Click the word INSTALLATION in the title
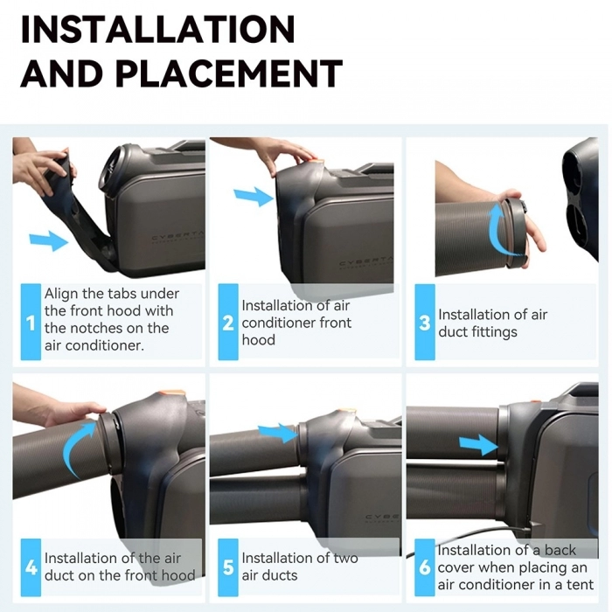point(157,29)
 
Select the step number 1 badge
point(31,322)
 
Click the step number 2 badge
point(228,322)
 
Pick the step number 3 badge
point(425,322)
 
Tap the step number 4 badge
point(31,567)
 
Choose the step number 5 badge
point(228,567)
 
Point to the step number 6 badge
point(425,567)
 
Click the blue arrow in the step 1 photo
point(49,240)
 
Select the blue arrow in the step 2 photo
point(254,197)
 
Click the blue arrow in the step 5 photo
point(278,433)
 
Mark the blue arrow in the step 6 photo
point(478,445)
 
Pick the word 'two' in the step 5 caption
point(346,558)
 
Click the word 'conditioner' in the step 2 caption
point(279,323)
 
